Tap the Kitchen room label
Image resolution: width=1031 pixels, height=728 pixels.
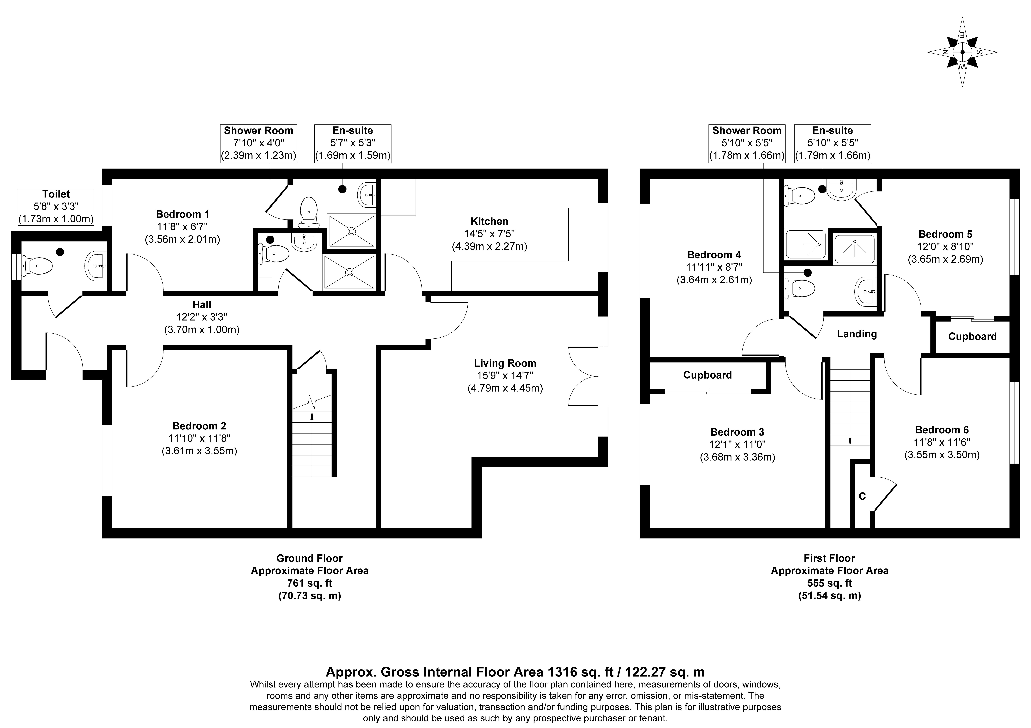[x=489, y=221]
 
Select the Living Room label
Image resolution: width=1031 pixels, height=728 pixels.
[x=505, y=363]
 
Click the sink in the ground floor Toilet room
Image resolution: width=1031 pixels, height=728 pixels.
[x=96, y=266]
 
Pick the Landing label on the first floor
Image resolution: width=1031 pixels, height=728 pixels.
[x=857, y=334]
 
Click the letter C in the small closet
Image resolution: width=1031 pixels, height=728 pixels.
[x=862, y=496]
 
